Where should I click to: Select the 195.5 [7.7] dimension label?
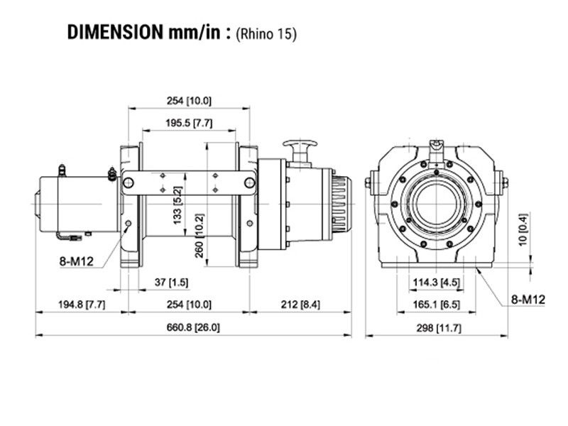pyautogui.click(x=188, y=122)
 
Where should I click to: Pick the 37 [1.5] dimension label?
pyautogui.click(x=171, y=283)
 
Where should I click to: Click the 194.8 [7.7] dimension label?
pyautogui.click(x=81, y=305)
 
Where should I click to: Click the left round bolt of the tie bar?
pyautogui.click(x=129, y=183)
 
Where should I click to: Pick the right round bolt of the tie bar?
pyautogui.click(x=249, y=183)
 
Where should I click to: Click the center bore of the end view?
pyautogui.click(x=436, y=202)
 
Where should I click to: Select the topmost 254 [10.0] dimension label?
pyautogui.click(x=188, y=100)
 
